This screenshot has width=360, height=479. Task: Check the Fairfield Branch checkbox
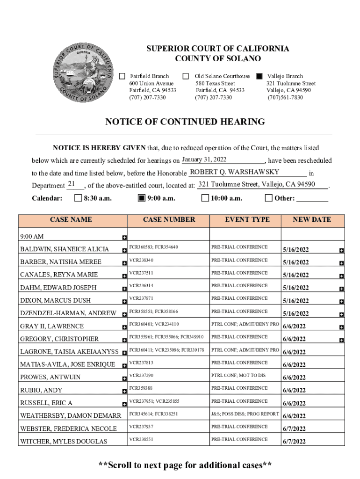click(122, 76)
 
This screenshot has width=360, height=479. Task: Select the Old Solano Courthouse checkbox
click(186, 76)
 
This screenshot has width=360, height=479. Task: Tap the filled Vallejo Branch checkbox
click(259, 76)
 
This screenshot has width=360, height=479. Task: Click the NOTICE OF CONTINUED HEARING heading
click(185, 122)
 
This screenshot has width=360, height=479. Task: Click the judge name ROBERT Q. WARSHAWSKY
click(234, 172)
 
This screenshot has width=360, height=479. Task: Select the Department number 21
click(72, 184)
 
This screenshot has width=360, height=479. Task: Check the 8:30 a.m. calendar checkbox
click(78, 198)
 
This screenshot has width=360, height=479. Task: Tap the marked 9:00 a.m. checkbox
click(142, 198)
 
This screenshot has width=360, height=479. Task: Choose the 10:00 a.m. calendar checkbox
click(205, 198)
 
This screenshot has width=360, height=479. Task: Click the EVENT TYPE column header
click(247, 219)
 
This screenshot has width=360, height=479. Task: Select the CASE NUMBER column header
click(169, 219)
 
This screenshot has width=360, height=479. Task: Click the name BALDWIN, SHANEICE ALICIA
click(65, 249)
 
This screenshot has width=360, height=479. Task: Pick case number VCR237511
click(141, 273)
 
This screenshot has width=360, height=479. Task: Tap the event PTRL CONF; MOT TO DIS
click(238, 375)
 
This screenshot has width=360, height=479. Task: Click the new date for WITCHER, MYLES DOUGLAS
click(294, 441)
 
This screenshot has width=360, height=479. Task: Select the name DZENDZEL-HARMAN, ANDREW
click(68, 313)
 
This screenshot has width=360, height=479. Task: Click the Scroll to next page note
click(185, 465)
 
